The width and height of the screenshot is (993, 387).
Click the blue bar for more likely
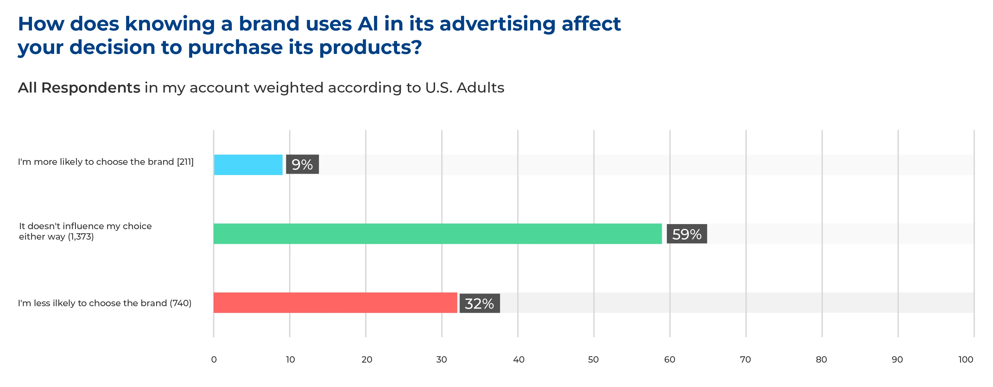248,165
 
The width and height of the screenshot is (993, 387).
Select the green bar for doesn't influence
438,234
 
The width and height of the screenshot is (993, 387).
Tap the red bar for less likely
335,303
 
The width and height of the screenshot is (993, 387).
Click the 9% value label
302,165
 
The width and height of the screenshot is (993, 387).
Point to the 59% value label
686,234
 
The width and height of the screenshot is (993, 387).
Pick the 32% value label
479,304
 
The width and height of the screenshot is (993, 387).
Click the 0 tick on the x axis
214,360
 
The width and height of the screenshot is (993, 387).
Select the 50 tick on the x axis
593,360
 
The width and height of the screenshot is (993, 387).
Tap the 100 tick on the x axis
966,360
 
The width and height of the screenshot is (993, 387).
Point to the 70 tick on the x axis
745,360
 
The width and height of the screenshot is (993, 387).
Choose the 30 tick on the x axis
441,360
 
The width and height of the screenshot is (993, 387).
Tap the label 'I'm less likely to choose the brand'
104,303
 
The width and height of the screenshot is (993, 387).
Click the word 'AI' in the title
368,24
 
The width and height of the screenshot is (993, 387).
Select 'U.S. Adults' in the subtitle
465,88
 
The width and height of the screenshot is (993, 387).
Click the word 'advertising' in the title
497,24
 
